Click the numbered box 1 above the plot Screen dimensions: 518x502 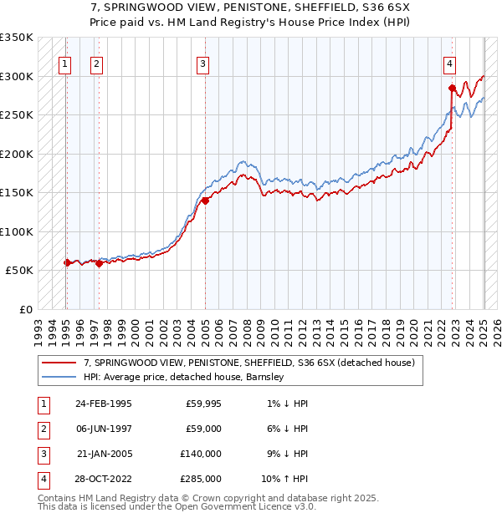65,63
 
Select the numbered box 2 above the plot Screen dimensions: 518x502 96,63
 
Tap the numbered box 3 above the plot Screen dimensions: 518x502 203,63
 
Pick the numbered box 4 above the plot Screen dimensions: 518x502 450,63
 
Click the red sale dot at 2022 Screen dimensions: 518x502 452,88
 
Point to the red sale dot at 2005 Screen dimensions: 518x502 205,200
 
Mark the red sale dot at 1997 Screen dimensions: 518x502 99,263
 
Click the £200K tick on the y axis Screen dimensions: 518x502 17,154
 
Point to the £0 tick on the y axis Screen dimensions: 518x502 25,309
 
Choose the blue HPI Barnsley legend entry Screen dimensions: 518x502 184,377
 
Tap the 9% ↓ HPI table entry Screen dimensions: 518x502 284,454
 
